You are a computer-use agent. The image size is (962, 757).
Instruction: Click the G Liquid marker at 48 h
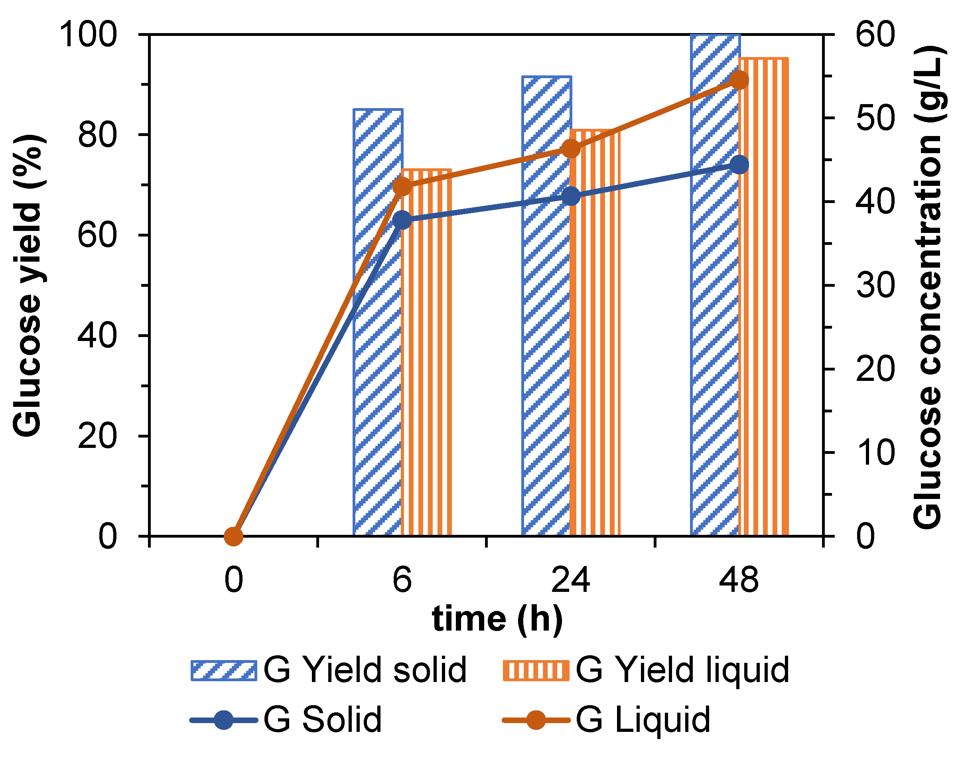pos(739,80)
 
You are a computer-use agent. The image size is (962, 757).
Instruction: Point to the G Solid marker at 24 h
pos(571,196)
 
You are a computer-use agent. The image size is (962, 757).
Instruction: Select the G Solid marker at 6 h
pos(402,219)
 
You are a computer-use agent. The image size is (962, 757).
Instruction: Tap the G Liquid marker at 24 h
pos(571,149)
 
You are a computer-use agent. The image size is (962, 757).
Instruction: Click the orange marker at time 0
pos(234,536)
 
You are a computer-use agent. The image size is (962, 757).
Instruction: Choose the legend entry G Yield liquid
pos(646,670)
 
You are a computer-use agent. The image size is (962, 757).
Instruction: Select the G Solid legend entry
pos(286,720)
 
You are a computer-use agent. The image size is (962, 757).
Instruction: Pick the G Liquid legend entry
pos(606,720)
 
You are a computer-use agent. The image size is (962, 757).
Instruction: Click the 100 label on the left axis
pos(88,35)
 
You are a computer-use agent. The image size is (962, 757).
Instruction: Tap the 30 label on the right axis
pos(875,285)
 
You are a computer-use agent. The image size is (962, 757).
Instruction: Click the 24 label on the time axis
pos(570,580)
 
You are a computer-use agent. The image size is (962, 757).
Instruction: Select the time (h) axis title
pos(497,619)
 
